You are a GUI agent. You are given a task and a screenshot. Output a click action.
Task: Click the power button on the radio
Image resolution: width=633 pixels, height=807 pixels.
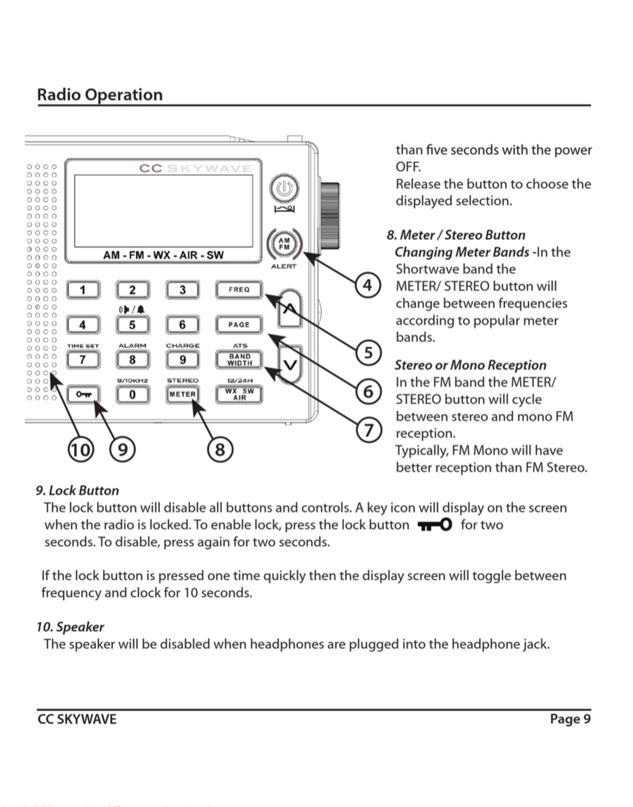pyautogui.click(x=284, y=188)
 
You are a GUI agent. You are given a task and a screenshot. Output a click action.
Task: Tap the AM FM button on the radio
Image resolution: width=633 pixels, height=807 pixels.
pyautogui.click(x=284, y=244)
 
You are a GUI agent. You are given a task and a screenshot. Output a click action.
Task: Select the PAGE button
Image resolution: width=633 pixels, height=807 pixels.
pyautogui.click(x=239, y=325)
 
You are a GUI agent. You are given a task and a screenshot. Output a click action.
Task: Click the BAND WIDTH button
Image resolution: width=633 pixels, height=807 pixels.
pyautogui.click(x=239, y=360)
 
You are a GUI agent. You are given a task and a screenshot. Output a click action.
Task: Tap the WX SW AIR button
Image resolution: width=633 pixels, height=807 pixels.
pyautogui.click(x=239, y=395)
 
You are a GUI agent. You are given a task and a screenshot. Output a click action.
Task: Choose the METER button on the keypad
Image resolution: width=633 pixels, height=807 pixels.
pyautogui.click(x=182, y=395)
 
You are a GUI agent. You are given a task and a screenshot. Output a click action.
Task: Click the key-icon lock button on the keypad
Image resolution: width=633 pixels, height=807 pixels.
pyautogui.click(x=83, y=395)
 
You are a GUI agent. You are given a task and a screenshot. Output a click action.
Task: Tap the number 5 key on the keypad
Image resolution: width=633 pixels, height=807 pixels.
pyautogui.click(x=132, y=325)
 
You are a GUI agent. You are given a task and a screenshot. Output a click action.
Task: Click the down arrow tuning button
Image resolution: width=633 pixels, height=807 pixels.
pyautogui.click(x=291, y=365)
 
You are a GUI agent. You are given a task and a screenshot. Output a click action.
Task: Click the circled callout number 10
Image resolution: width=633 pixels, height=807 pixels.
pyautogui.click(x=81, y=449)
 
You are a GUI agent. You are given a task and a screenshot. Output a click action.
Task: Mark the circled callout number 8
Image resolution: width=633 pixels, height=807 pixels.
pyautogui.click(x=220, y=449)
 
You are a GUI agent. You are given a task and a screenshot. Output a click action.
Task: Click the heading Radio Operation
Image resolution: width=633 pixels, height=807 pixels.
pyautogui.click(x=100, y=95)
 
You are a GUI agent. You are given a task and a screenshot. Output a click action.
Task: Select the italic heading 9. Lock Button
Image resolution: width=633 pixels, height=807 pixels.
pyautogui.click(x=77, y=490)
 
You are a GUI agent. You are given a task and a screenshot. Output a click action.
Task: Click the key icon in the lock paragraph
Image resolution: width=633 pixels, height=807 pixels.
pyautogui.click(x=435, y=525)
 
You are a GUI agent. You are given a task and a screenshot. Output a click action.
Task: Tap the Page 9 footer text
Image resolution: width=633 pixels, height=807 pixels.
pyautogui.click(x=570, y=719)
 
